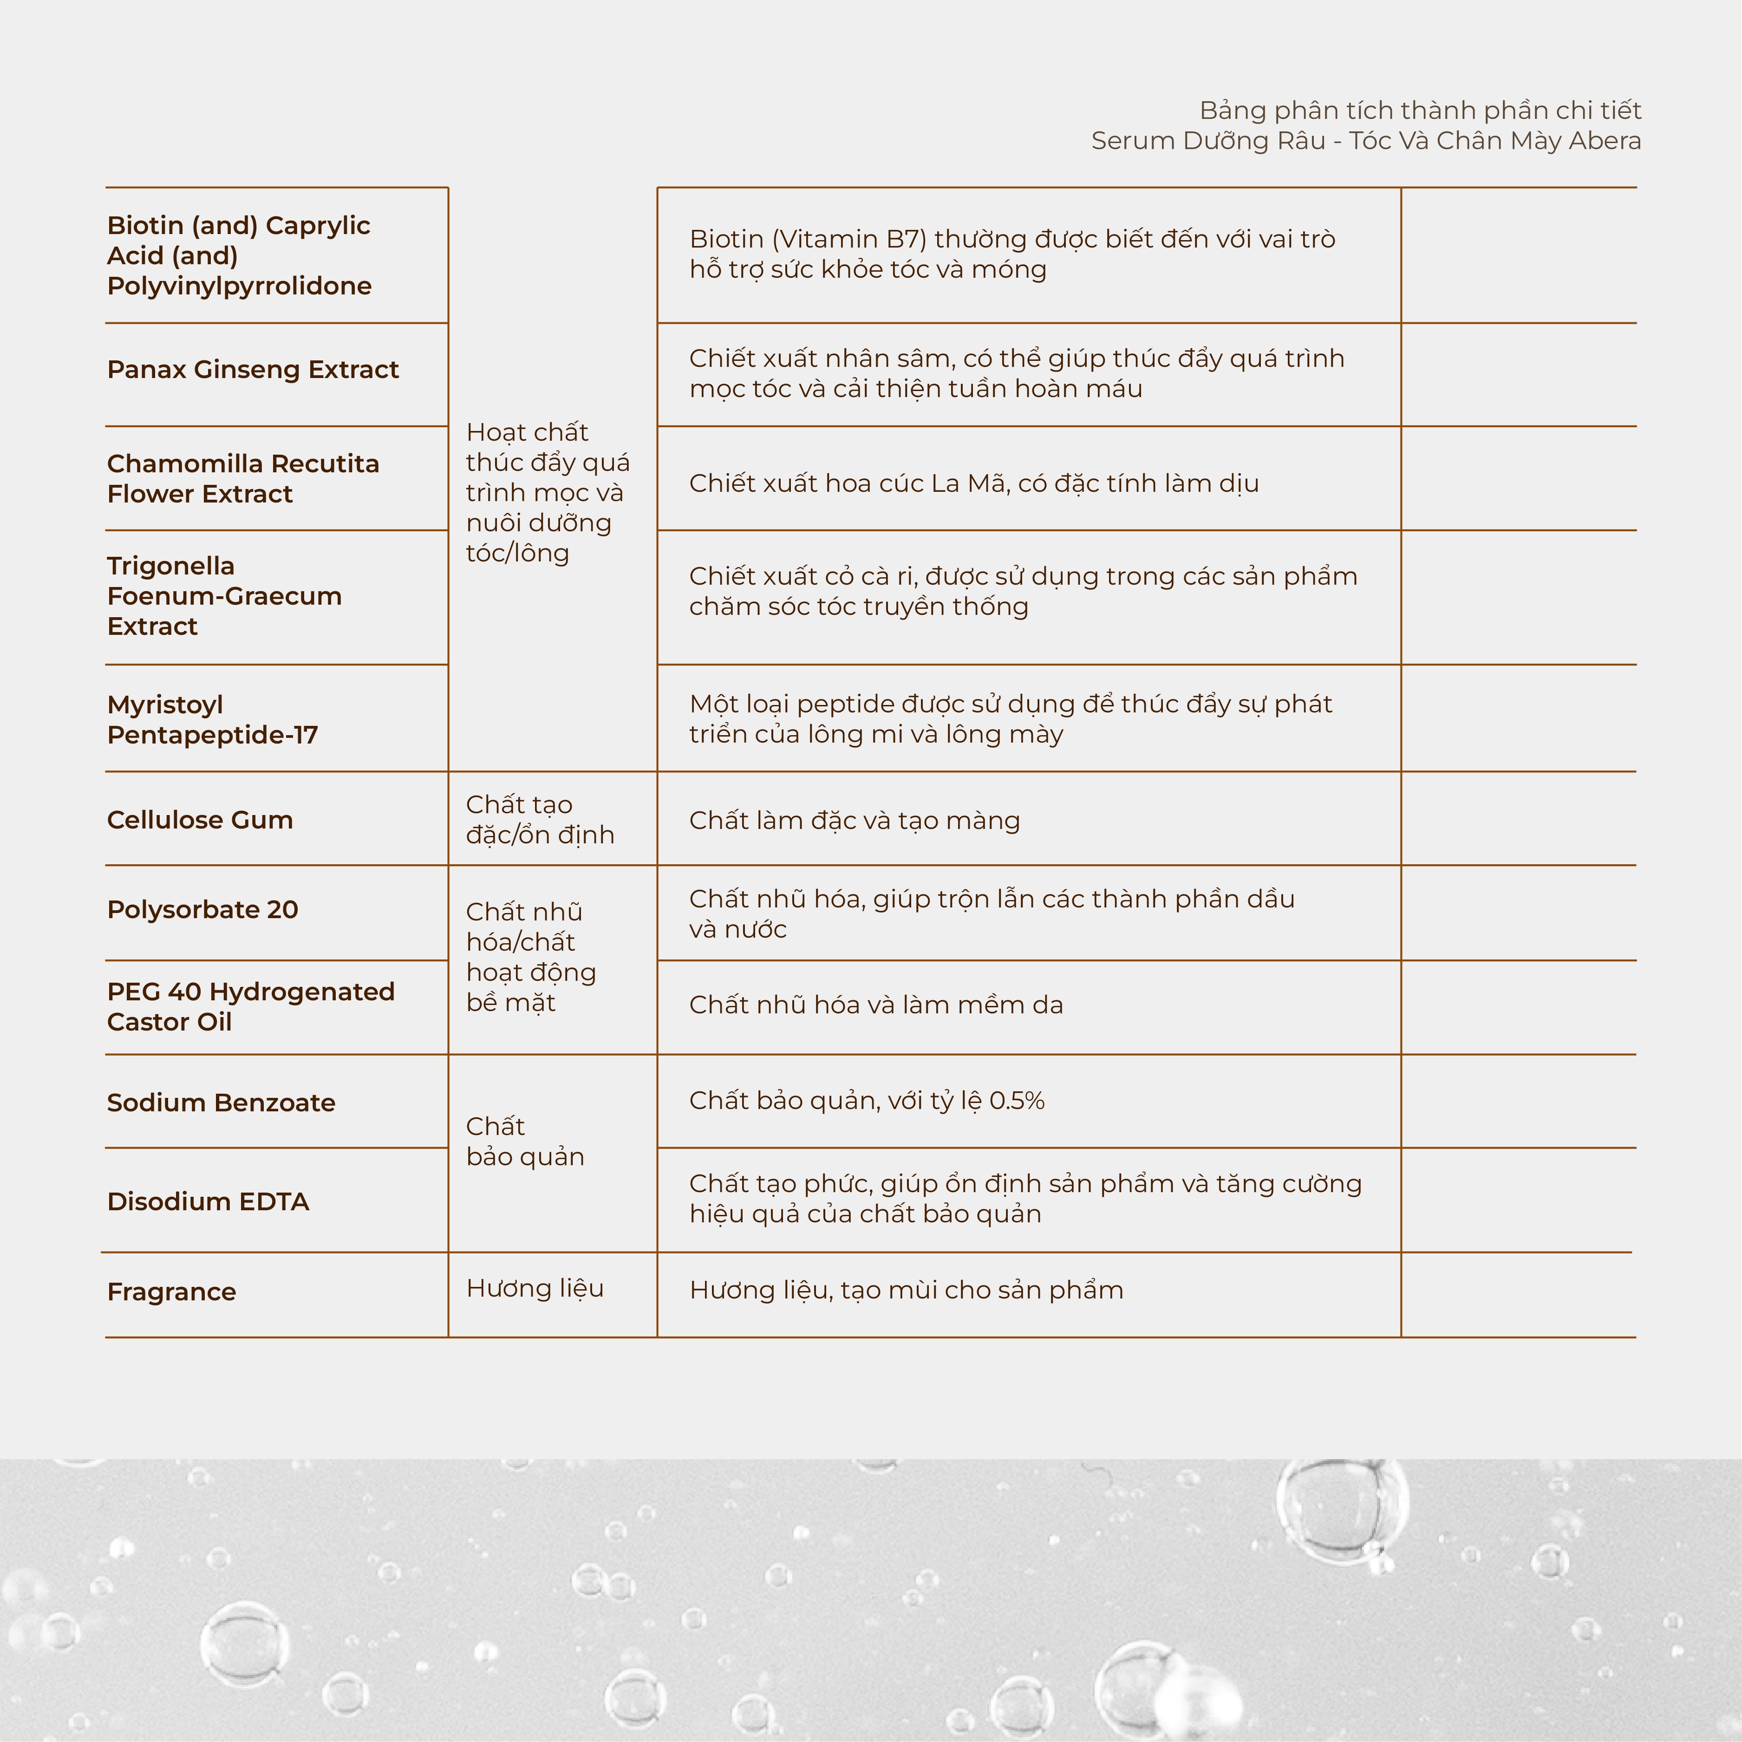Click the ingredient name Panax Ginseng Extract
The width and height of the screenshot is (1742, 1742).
click(253, 370)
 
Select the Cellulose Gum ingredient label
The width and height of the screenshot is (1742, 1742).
click(199, 820)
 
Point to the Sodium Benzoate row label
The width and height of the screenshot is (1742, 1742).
click(221, 1102)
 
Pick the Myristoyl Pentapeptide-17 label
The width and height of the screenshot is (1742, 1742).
click(212, 719)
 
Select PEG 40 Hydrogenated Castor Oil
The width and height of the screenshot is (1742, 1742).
click(251, 1006)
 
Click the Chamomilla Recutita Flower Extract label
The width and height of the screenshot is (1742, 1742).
click(242, 479)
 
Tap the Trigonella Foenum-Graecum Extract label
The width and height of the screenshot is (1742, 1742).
click(223, 596)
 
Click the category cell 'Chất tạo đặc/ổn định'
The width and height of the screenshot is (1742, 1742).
click(539, 820)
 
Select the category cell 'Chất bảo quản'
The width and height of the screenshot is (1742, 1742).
click(525, 1142)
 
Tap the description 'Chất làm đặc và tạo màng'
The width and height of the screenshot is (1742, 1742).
click(854, 821)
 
